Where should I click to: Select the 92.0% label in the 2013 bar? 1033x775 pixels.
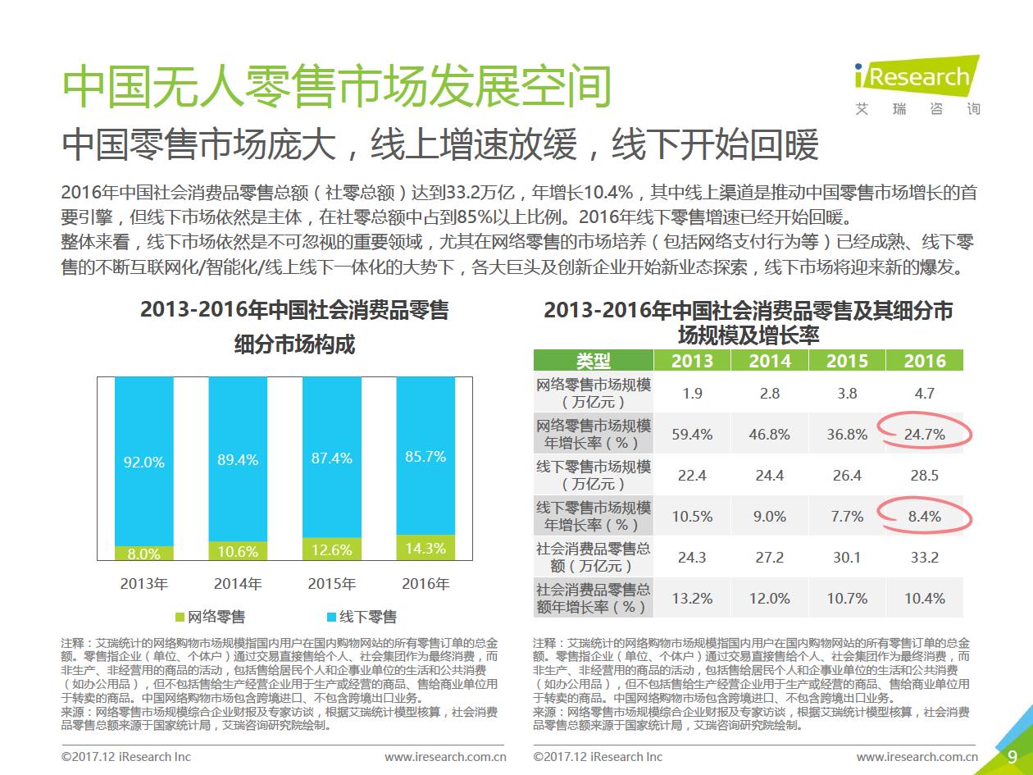pyautogui.click(x=144, y=462)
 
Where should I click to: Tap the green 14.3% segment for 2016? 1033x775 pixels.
pyautogui.click(x=425, y=548)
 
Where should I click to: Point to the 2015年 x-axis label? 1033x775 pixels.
pyautogui.click(x=331, y=584)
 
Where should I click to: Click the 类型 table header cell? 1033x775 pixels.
pyautogui.click(x=593, y=361)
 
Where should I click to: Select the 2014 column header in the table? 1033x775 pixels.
pyautogui.click(x=770, y=361)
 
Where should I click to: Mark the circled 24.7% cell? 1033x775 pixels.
pyautogui.click(x=924, y=434)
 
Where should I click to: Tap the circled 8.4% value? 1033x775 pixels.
pyautogui.click(x=924, y=516)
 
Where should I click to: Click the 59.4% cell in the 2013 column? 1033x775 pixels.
pyautogui.click(x=692, y=434)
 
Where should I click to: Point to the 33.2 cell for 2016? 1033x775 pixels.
pyautogui.click(x=924, y=557)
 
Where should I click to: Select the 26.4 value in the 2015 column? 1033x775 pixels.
pyautogui.click(x=847, y=475)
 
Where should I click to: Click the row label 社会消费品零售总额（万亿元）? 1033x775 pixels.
pyautogui.click(x=593, y=557)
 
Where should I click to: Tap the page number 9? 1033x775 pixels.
pyautogui.click(x=1012, y=756)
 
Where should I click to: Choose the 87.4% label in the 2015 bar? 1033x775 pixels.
pyautogui.click(x=331, y=458)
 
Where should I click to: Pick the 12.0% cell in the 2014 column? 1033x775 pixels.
pyautogui.click(x=770, y=598)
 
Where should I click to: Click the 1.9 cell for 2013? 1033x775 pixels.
pyautogui.click(x=692, y=393)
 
